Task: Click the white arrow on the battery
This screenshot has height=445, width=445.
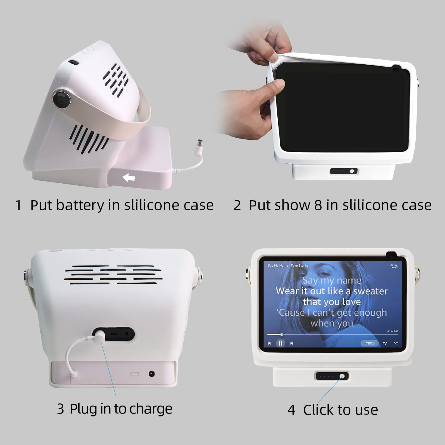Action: pyautogui.click(x=129, y=178)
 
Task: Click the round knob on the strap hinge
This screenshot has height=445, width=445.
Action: pyautogui.click(x=62, y=99)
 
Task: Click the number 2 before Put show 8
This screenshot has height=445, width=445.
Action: pyautogui.click(x=237, y=205)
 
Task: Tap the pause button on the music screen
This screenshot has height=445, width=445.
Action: pyautogui.click(x=280, y=343)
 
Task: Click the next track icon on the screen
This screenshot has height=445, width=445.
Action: pyautogui.click(x=292, y=343)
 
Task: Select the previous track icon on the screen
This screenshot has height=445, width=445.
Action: pyautogui.click(x=269, y=343)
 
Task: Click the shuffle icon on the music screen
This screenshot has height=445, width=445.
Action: pyautogui.click(x=396, y=343)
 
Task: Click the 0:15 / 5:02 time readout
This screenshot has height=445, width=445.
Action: pyautogui.click(x=392, y=331)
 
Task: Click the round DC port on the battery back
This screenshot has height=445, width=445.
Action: pyautogui.click(x=152, y=374)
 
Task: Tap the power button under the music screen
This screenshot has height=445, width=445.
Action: pyautogui.click(x=342, y=376)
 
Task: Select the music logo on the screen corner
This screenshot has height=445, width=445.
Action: pyautogui.click(x=394, y=266)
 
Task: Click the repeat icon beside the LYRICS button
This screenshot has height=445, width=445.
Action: pyautogui.click(x=385, y=343)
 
